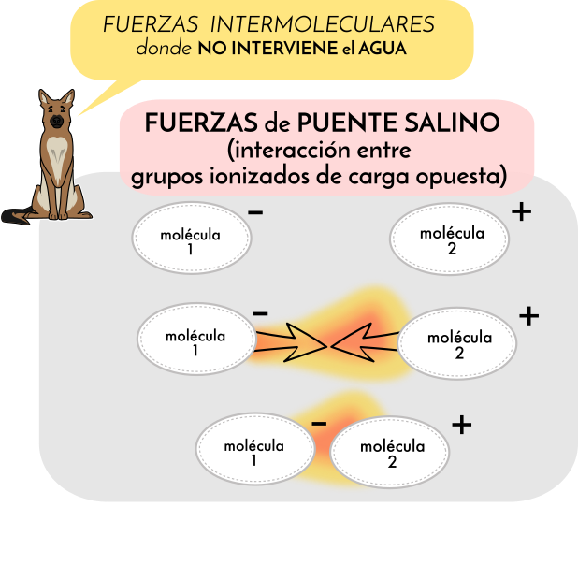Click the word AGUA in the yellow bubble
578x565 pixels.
385,48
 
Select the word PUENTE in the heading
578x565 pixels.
345,123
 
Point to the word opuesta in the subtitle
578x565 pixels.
464,174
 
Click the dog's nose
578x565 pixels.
56,121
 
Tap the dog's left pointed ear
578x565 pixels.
43,97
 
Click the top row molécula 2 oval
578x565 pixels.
451,239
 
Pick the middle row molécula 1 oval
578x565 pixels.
195,341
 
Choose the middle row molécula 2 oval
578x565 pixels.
458,344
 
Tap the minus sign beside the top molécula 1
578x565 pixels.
255,212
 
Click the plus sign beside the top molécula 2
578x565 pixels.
521,212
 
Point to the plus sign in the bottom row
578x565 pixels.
461,426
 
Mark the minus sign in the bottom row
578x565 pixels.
319,425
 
